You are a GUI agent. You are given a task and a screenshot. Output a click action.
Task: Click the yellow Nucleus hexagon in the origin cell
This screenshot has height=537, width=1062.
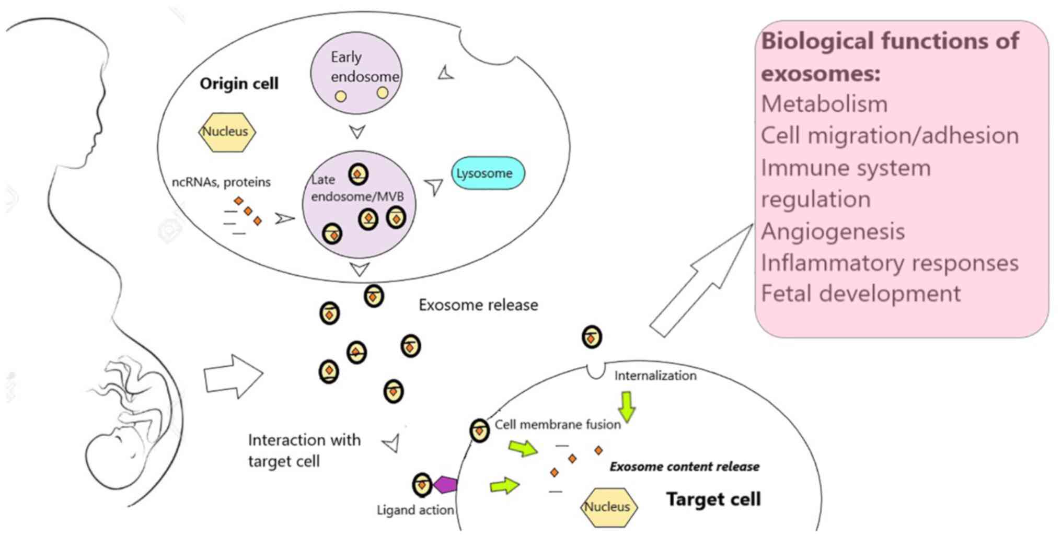(227, 132)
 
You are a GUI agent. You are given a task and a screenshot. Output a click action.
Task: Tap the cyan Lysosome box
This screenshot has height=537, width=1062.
(487, 173)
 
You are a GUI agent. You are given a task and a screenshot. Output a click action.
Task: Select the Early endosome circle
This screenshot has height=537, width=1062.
(356, 73)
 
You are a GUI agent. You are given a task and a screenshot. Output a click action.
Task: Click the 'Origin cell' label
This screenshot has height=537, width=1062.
(239, 84)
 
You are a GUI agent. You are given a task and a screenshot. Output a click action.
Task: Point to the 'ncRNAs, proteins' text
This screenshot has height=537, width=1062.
(221, 182)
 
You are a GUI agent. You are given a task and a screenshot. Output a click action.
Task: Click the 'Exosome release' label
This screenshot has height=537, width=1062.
(478, 305)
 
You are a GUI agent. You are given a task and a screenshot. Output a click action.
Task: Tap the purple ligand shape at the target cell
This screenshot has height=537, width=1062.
(445, 485)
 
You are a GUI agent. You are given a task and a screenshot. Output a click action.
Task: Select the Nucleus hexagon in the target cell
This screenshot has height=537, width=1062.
(608, 507)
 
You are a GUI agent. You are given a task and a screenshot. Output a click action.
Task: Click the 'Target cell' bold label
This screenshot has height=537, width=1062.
(713, 499)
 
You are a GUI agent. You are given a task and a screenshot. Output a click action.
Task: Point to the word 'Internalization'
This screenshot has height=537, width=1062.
(655, 376)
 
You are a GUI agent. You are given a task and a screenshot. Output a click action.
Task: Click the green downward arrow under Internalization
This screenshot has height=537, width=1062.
(627, 406)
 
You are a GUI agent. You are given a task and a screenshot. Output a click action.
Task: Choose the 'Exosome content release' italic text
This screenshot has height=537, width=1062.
(684, 466)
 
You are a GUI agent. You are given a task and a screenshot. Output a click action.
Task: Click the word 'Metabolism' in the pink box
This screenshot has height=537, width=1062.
(824, 104)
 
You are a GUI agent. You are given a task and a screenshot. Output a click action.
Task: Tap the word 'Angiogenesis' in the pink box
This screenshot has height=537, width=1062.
(833, 231)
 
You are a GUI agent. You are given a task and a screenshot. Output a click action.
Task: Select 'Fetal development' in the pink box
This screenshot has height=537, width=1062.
(860, 294)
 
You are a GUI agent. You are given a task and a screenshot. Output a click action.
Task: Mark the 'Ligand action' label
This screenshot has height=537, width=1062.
(415, 510)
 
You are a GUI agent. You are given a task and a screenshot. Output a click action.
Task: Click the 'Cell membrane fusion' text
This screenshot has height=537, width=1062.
(557, 424)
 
